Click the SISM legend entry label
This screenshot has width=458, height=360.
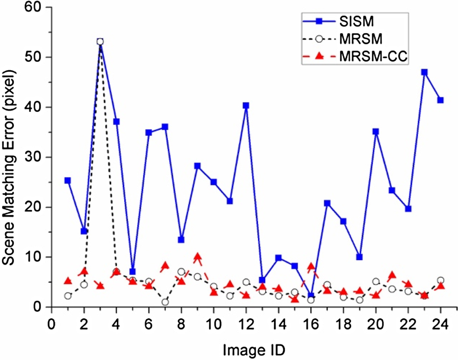(356, 22)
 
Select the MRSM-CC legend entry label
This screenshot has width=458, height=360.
(373, 56)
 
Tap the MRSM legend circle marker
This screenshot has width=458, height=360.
(319, 39)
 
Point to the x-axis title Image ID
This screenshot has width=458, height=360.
(254, 350)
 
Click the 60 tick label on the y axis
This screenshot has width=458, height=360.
(34, 7)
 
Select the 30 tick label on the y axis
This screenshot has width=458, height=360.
(34, 157)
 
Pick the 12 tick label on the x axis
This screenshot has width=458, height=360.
(246, 324)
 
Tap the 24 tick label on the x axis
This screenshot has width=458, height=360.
(440, 324)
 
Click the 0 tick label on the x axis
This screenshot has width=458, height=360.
(51, 324)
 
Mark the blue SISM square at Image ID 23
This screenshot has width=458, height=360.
(424, 72)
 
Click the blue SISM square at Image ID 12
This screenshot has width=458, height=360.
(246, 105)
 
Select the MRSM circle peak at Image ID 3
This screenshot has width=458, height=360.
(100, 42)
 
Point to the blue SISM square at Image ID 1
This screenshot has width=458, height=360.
(68, 180)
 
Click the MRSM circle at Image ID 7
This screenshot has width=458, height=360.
(165, 302)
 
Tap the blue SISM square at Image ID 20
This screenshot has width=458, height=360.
(376, 132)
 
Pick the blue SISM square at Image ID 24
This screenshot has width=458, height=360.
(440, 100)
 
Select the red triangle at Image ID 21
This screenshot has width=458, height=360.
(392, 275)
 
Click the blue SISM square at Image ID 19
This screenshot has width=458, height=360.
(360, 257)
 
